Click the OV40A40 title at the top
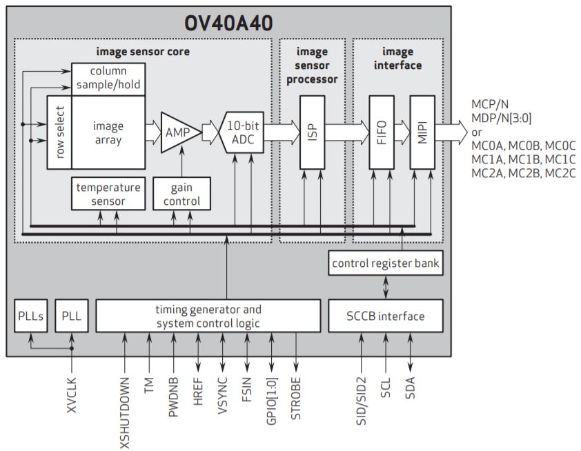click(x=228, y=23)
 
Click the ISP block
click(x=312, y=132)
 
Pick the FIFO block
click(x=381, y=132)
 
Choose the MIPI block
click(x=422, y=132)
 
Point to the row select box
click(x=59, y=132)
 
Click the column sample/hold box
click(x=108, y=79)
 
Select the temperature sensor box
click(x=108, y=194)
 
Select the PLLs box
click(x=30, y=316)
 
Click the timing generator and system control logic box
click(x=208, y=316)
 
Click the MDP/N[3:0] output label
click(x=502, y=118)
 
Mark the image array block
click(x=108, y=132)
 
